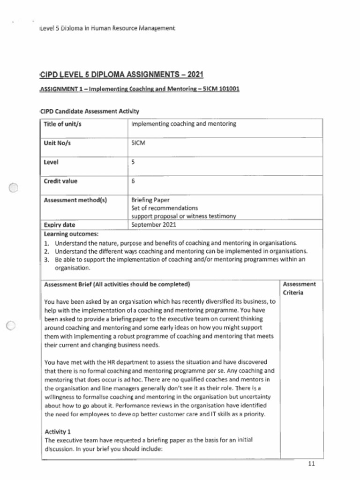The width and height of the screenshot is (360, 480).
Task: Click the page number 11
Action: point(312,464)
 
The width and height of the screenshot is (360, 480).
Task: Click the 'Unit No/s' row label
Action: point(57,143)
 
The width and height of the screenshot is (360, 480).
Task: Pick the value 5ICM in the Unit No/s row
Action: point(138,143)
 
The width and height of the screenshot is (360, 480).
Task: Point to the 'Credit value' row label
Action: point(60,181)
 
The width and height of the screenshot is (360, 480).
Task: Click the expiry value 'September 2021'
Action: point(154,225)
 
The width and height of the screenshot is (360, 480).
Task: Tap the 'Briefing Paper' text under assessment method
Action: point(150,200)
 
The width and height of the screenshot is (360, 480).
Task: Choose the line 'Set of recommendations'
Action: point(165,208)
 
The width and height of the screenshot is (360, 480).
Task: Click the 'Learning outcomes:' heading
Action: point(71,233)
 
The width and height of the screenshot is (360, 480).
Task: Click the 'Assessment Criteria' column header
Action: point(299,288)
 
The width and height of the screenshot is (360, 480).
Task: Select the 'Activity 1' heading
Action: point(57,431)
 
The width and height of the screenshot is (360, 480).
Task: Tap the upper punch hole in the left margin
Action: point(14,187)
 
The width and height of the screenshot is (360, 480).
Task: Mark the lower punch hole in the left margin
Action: point(12,326)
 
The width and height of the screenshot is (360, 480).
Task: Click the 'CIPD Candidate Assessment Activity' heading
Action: point(90,111)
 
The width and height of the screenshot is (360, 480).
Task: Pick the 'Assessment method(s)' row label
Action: point(75,200)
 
